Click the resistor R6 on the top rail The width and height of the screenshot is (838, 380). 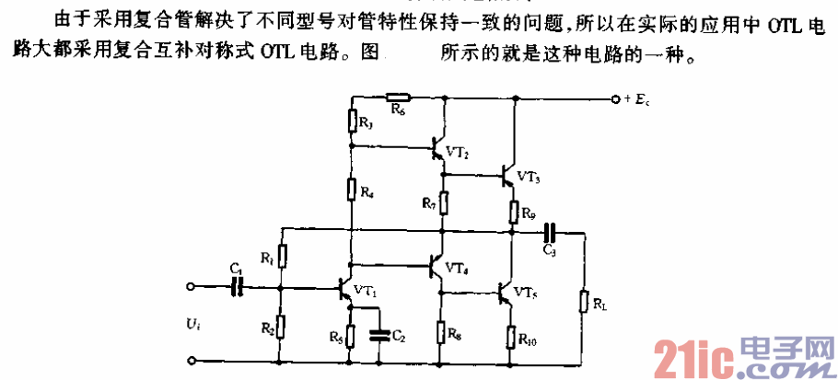coord(398,97)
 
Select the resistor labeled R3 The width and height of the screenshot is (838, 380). coord(351,121)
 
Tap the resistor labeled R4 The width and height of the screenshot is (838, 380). coord(351,190)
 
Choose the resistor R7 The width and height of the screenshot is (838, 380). coord(443,202)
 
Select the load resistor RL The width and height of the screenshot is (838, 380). coord(583,301)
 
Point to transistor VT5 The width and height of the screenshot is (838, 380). coord(506,293)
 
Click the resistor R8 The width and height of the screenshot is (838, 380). coord(443,329)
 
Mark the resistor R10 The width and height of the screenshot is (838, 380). coord(513,337)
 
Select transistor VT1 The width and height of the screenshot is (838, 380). coord(347,288)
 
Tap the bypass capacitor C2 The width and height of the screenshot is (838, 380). coord(378,335)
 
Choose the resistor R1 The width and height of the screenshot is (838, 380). coord(282,255)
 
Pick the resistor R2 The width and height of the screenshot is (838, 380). coord(282,325)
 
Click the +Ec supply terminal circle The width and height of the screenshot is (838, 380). coord(614,97)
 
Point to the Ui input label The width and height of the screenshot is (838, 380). coord(190,325)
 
